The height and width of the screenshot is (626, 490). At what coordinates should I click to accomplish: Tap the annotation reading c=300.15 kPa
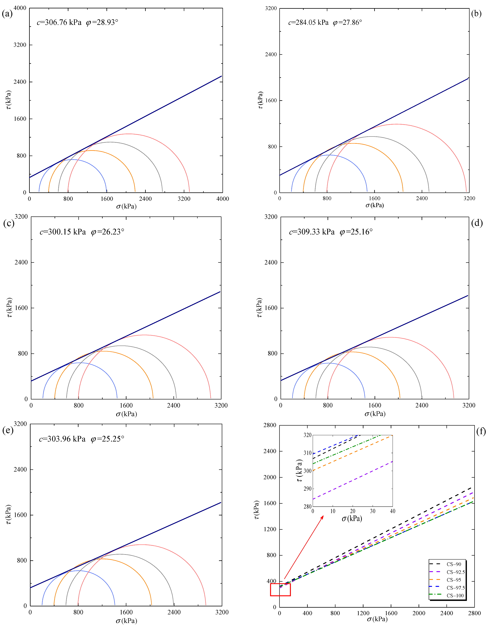pyautogui.click(x=63, y=232)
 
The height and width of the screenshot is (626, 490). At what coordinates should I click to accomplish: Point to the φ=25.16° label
pyautogui.click(x=356, y=232)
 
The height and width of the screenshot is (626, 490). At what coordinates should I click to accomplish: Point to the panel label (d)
pyautogui.click(x=477, y=223)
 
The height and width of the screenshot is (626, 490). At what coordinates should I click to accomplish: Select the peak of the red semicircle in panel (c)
pyautogui.click(x=144, y=335)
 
